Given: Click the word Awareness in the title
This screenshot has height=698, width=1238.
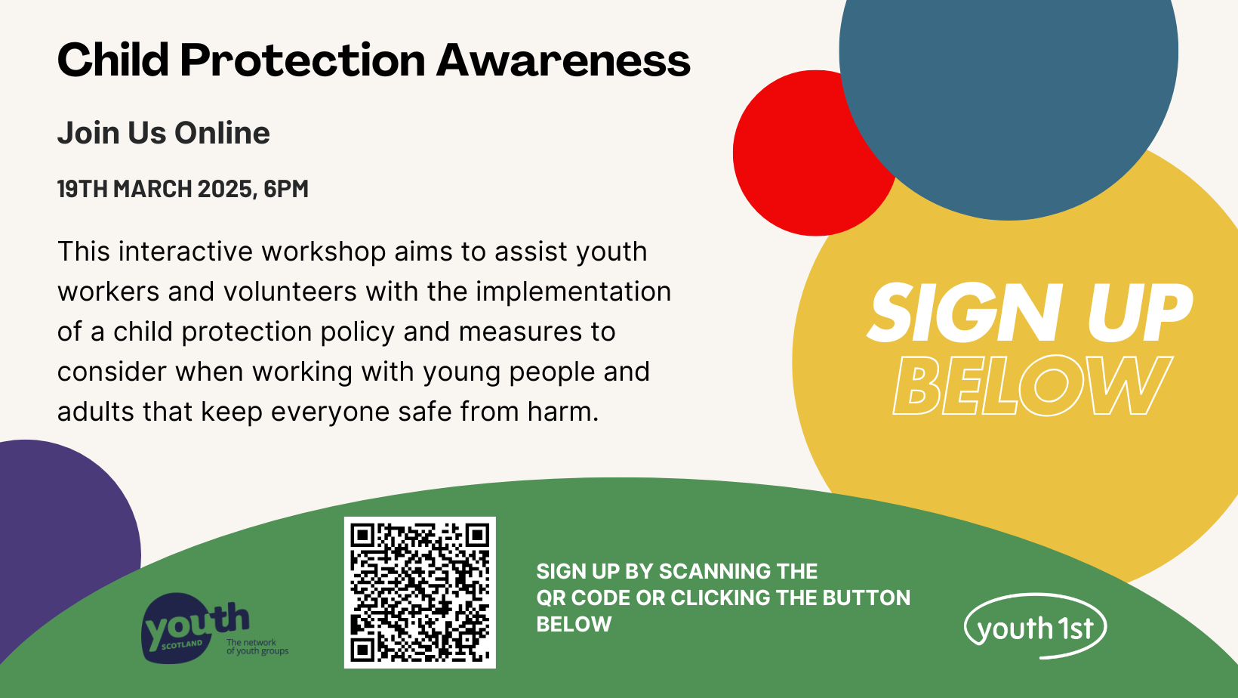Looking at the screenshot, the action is [563, 60].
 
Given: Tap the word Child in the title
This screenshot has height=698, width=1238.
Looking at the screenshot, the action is [112, 59].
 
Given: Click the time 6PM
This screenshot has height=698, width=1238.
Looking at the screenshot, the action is [286, 189].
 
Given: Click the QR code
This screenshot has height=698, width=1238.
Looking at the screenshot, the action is [420, 592].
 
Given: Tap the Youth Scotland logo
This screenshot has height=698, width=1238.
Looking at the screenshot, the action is [214, 629].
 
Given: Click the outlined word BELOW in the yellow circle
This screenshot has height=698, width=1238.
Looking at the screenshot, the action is [1033, 385].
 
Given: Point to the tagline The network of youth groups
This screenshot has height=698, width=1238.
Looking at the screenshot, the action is [257, 647].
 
